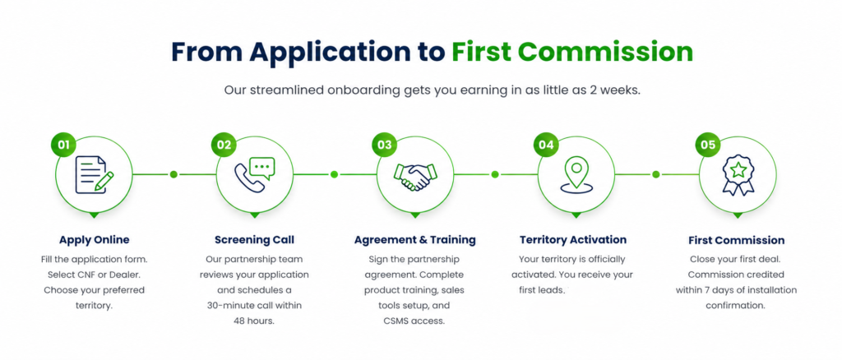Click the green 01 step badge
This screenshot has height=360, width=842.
64,145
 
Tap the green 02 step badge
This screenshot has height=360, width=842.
224,145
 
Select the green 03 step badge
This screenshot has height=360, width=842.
385,145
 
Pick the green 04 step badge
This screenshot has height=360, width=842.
546,145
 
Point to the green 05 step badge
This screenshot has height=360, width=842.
708,145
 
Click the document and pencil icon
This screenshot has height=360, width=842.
95,174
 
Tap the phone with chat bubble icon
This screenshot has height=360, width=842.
255,174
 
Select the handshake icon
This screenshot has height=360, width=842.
415,175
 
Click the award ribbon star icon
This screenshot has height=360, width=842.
738,175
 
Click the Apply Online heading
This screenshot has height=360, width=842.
95,240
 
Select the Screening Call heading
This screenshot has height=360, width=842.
255,240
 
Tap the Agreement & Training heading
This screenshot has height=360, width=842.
415,240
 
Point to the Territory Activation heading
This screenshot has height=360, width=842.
573,240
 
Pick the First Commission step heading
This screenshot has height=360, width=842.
736,240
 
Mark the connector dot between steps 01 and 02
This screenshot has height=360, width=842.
173,174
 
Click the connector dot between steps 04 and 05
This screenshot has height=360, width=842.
655,174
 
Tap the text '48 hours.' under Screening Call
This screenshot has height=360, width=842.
254,321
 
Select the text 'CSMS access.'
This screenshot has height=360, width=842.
414,321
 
